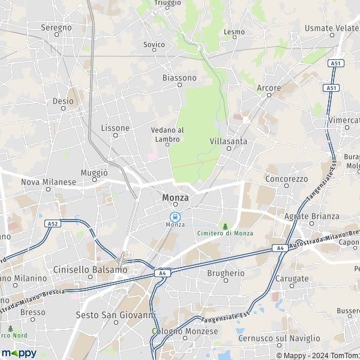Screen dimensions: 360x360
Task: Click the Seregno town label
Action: click(56, 28)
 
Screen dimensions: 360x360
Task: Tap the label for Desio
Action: click(63, 101)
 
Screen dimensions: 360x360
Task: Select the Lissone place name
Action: click(115, 128)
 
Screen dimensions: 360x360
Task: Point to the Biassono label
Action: click(179, 78)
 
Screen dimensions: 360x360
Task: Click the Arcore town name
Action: click(269, 88)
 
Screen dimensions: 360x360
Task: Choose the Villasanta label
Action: click(229, 141)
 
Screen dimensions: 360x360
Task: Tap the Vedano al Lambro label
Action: click(167, 134)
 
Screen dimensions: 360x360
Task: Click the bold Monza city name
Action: click(175, 197)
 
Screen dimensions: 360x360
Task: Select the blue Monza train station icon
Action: click(175, 216)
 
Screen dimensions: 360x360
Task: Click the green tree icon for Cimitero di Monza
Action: click(226, 226)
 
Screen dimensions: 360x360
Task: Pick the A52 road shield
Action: click(52, 223)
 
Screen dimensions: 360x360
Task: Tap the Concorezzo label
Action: click(286, 179)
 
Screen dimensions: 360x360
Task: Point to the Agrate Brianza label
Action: click(311, 216)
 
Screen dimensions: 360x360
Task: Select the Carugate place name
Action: click(292, 279)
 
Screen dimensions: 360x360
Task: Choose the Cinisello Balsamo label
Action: click(90, 270)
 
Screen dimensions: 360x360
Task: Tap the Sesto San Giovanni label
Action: click(116, 314)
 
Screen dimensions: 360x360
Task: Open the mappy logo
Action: click(19, 353)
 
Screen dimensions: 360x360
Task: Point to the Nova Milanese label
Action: click(48, 182)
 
